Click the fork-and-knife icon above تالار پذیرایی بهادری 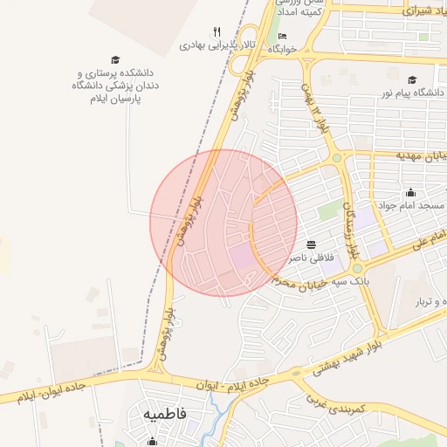pos(217,31)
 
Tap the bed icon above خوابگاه pos(281,36)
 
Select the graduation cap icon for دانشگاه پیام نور pos(411,79)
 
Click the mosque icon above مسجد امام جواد pos(410,192)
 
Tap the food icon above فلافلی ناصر pos(312,244)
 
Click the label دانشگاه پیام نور pos(410,92)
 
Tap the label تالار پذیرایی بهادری pos(218,44)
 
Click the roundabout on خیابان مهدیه pos(337,158)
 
